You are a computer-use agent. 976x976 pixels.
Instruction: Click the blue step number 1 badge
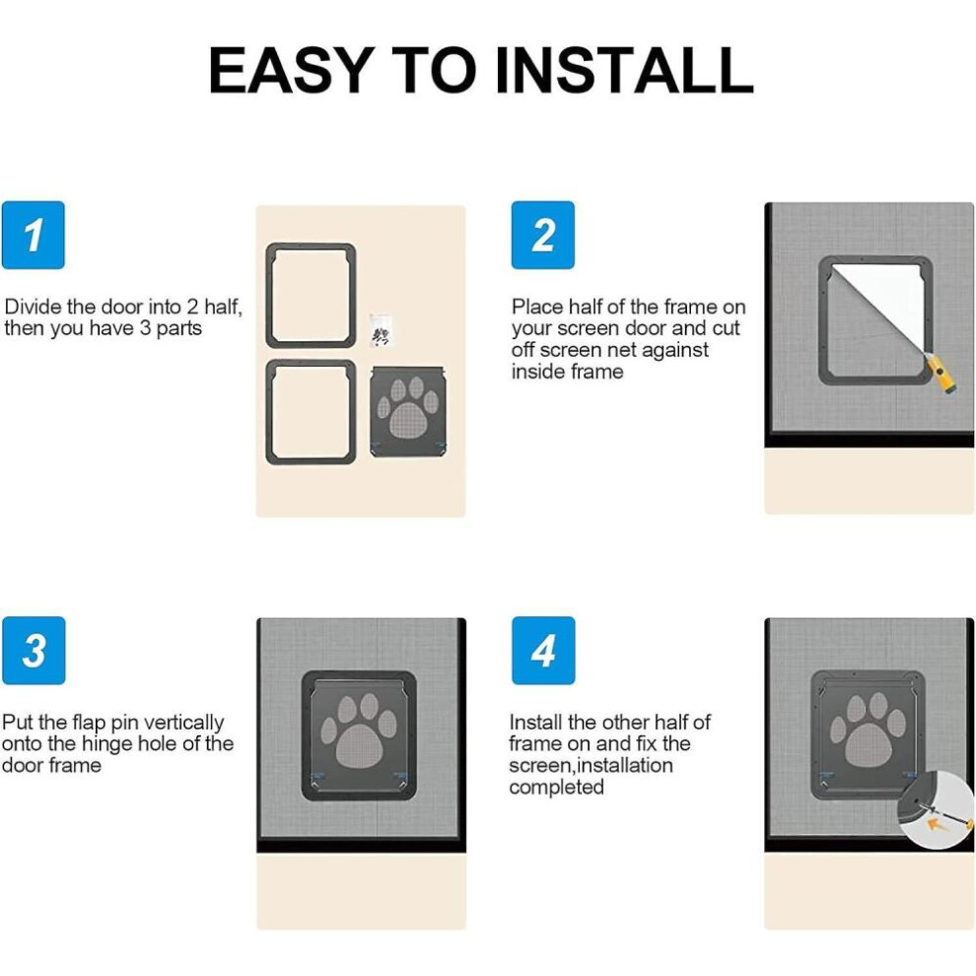(33, 235)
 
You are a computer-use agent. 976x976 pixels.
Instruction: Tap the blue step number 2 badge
(543, 235)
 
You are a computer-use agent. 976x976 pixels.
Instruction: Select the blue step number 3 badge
(34, 651)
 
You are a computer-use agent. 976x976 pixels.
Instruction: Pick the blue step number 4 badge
(543, 651)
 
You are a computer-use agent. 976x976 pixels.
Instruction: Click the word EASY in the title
(291, 70)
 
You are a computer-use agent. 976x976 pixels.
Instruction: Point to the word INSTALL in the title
(624, 70)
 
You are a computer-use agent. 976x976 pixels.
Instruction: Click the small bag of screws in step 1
(381, 329)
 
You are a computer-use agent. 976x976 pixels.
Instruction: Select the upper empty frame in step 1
(311, 295)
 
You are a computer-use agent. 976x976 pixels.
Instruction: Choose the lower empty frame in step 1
(311, 411)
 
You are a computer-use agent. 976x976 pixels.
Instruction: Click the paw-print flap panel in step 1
(408, 411)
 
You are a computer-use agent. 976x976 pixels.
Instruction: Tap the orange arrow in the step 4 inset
(939, 824)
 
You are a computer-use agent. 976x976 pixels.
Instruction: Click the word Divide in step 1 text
(34, 307)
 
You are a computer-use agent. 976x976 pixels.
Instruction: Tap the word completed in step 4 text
(556, 787)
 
